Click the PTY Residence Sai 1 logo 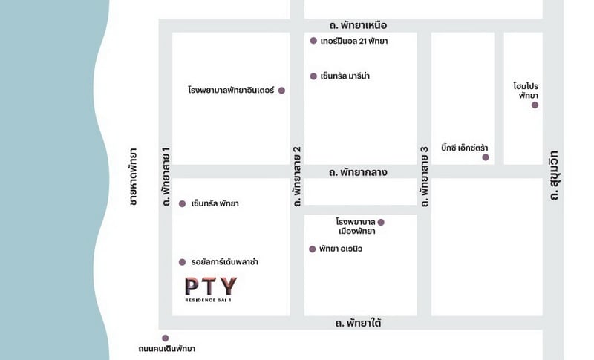(x=211, y=288)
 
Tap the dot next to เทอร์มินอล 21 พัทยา (x=313, y=41)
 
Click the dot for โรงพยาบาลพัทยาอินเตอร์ (x=281, y=91)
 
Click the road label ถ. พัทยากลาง (x=359, y=172)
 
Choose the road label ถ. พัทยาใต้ (x=359, y=323)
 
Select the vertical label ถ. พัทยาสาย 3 (x=425, y=175)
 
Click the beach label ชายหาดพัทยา (x=133, y=176)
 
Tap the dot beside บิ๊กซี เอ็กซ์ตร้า (x=486, y=157)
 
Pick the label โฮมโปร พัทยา (x=526, y=91)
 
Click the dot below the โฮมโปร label (x=535, y=105)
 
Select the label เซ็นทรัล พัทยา (x=215, y=203)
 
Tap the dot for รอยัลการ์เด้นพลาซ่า (x=182, y=262)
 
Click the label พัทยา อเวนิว (x=341, y=249)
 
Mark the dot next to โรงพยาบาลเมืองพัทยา (x=381, y=222)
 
